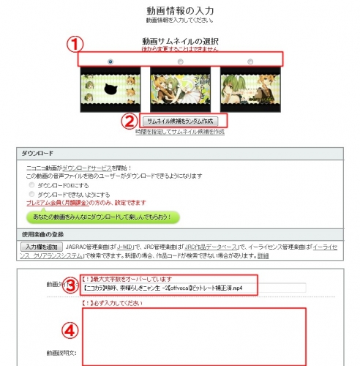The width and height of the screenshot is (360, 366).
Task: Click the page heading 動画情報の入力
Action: coord(179,10)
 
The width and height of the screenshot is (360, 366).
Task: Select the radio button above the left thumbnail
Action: coord(110,61)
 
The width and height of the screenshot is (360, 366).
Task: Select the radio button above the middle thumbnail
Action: coord(180,61)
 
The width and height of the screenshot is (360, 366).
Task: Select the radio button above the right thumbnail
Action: coord(250,61)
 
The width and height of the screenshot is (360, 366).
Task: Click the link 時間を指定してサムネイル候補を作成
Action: coord(180,131)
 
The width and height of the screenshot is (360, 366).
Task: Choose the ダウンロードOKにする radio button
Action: coord(31,185)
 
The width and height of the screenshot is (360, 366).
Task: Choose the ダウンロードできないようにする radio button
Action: coord(31,194)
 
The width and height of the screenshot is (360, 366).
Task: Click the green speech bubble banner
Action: coord(102,218)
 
